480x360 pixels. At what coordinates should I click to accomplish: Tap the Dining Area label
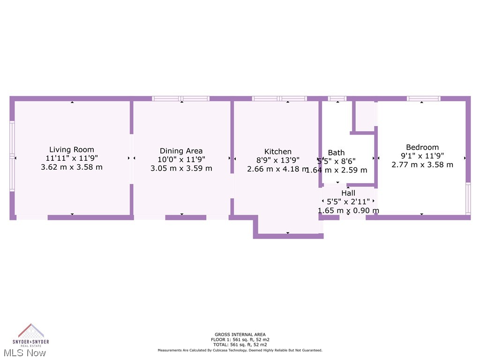coord(181,151)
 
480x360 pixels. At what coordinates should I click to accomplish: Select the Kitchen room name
coord(278,151)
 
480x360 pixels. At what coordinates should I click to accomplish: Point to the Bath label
coord(336,152)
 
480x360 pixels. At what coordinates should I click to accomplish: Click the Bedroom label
coord(422,147)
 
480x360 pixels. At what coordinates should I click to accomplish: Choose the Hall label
coord(348,193)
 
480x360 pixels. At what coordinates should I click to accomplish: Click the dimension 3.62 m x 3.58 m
coord(72,167)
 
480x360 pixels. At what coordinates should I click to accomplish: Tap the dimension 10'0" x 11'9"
coord(181,159)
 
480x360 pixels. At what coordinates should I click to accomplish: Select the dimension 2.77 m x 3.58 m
coord(422,165)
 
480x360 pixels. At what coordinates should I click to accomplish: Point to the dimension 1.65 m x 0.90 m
coord(348,210)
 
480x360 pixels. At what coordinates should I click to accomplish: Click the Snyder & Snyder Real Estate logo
coord(31,334)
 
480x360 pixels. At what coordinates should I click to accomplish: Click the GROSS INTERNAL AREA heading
coord(240,335)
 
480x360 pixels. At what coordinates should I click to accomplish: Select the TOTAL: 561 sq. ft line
coord(240,345)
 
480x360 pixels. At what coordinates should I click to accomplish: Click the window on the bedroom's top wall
coord(423,98)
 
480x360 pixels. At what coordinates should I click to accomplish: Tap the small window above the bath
coord(337,98)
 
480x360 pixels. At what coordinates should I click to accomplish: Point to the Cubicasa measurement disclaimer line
coord(240,350)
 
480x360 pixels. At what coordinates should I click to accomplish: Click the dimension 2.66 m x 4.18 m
coord(278,169)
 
